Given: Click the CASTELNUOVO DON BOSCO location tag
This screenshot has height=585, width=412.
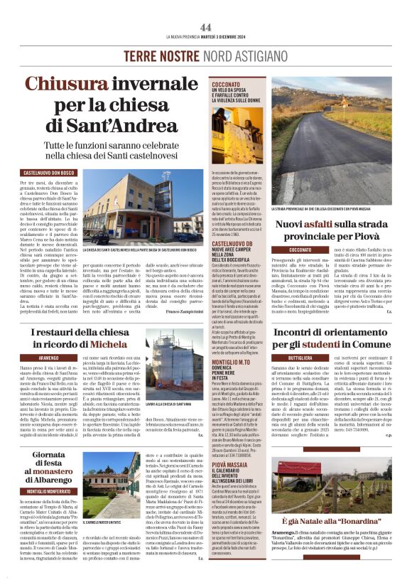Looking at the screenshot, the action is (x=49, y=173).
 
